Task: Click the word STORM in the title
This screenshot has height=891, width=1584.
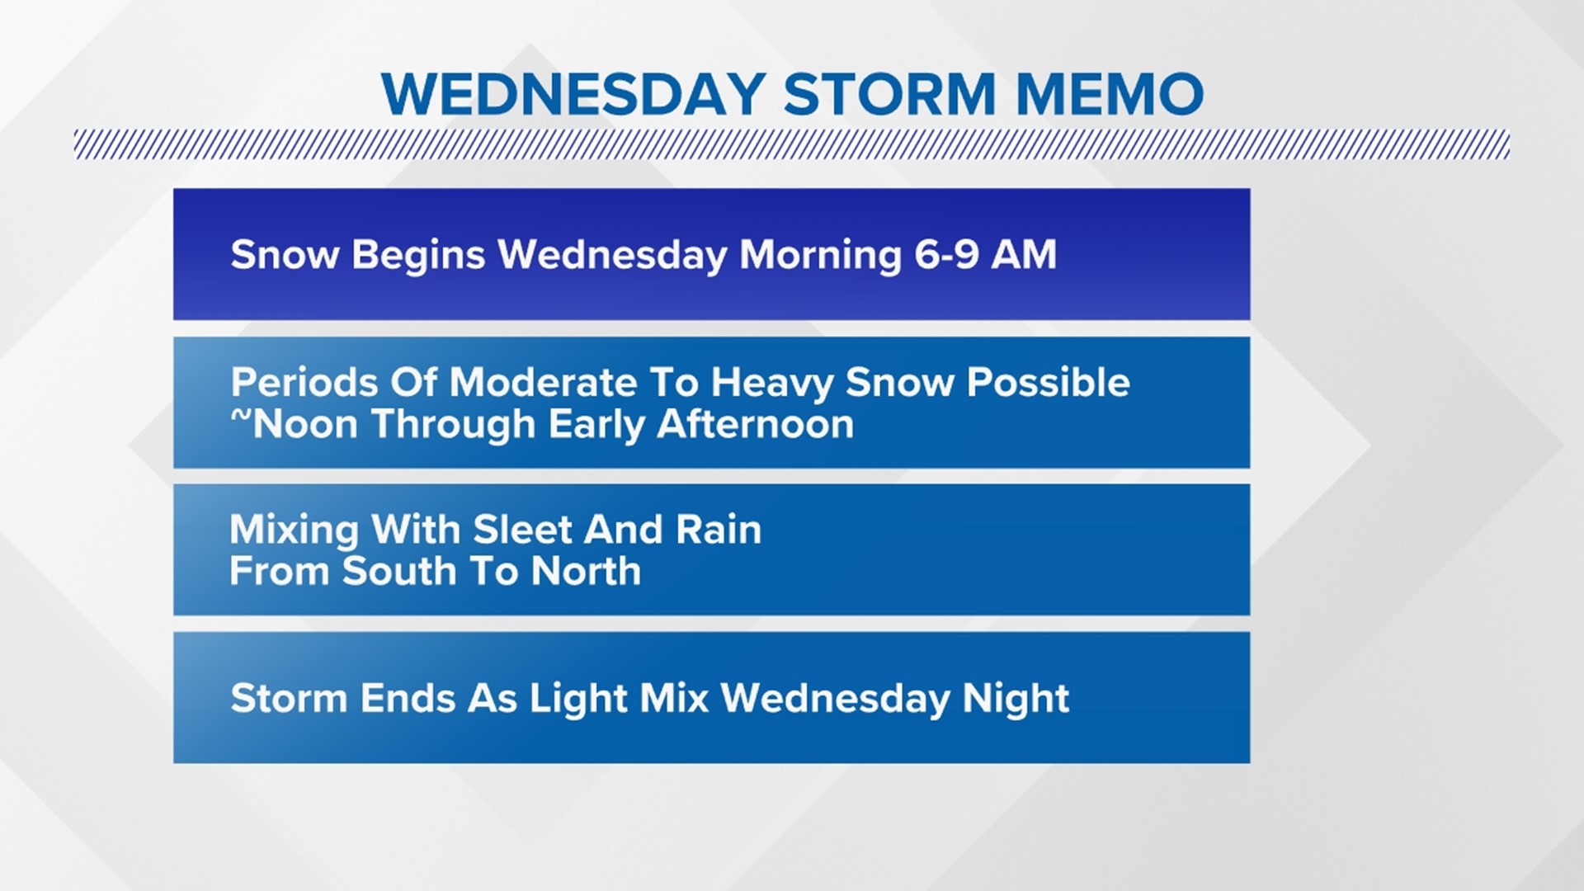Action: (x=889, y=94)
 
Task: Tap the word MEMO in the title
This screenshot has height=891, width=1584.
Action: (x=1109, y=94)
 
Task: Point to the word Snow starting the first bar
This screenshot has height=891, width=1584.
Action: (x=285, y=254)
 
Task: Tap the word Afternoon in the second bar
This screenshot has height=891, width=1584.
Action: (x=755, y=425)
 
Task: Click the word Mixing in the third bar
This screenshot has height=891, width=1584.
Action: (x=294, y=530)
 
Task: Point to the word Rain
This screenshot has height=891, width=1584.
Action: (x=718, y=530)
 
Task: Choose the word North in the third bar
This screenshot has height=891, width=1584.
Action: (x=586, y=571)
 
